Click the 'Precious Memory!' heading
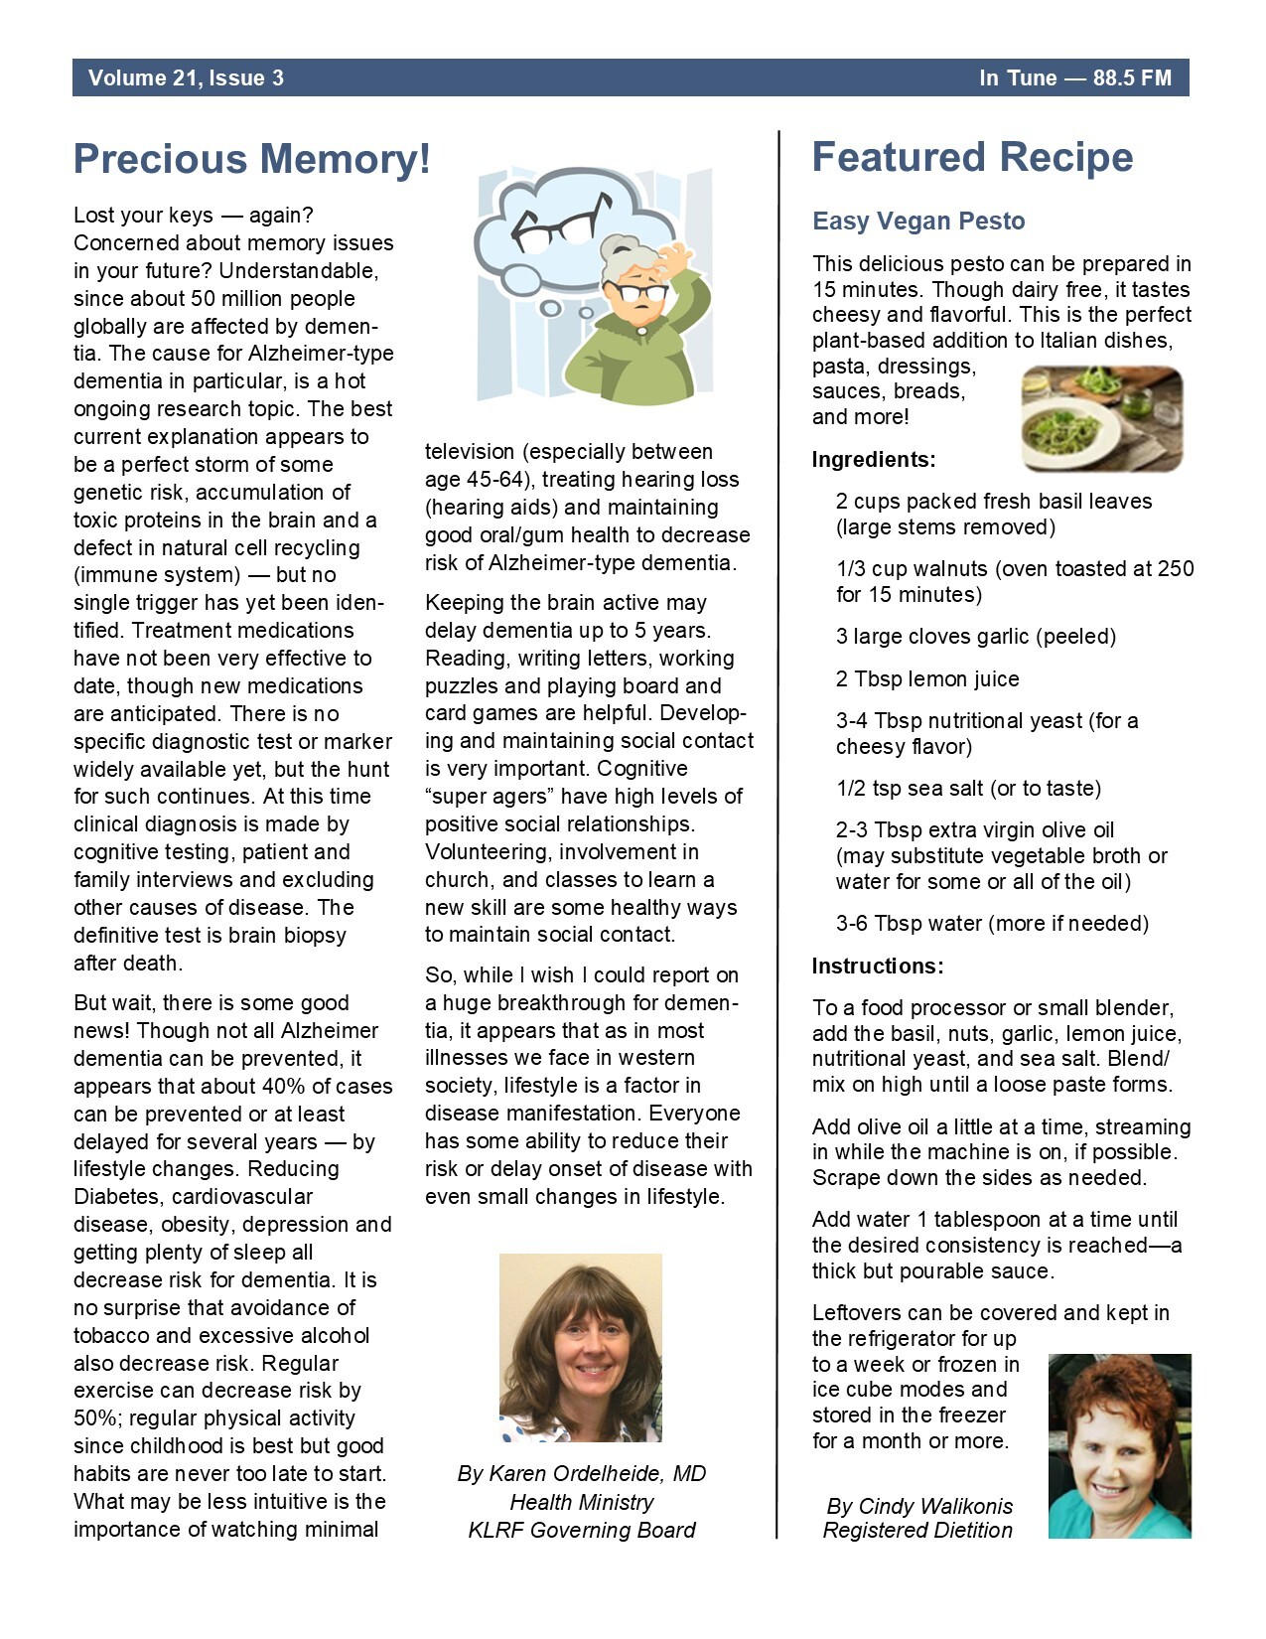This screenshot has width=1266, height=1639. tap(252, 159)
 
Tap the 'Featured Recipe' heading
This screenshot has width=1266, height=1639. tap(972, 157)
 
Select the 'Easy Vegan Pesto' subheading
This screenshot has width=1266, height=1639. tap(918, 221)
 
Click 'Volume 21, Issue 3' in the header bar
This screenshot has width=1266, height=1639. tap(186, 78)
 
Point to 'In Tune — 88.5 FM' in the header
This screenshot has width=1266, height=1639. tap(1074, 78)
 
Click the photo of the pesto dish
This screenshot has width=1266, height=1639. tap(1101, 418)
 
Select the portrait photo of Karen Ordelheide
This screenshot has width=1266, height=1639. tap(581, 1347)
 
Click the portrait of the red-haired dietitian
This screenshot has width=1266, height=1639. tap(1119, 1446)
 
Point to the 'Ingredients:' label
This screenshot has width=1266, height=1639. tap(874, 459)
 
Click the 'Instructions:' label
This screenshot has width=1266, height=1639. tap(878, 966)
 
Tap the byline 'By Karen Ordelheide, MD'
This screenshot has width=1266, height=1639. tap(582, 1473)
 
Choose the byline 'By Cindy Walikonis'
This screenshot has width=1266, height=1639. tap(919, 1506)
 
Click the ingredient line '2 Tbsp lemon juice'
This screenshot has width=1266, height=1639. tap(927, 678)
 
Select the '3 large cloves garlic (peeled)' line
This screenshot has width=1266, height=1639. tap(976, 636)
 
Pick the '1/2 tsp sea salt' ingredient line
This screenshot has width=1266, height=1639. tap(968, 788)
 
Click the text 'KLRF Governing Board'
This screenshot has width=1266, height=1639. tap(582, 1530)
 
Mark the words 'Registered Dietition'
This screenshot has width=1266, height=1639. tap(917, 1530)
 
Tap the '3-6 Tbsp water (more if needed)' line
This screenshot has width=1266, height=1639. tap(992, 923)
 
